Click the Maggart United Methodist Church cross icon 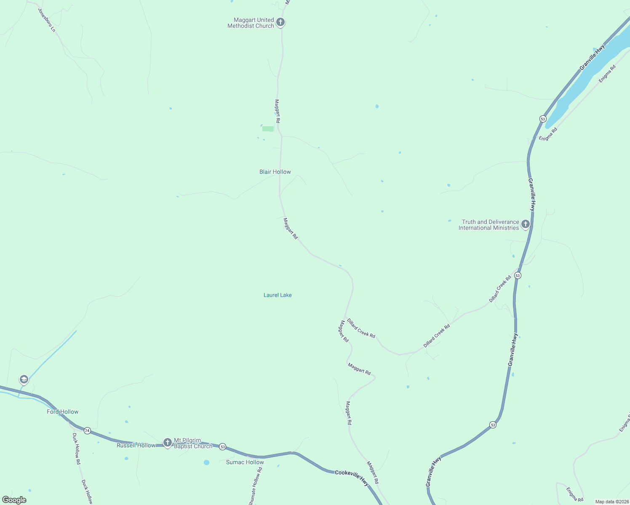click(280, 22)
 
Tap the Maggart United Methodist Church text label click(251, 23)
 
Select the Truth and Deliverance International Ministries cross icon click(525, 224)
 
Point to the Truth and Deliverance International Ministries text click(489, 225)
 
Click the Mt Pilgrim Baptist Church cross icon click(168, 442)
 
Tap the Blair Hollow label click(275, 172)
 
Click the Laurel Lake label click(278, 295)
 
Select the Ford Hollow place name click(63, 412)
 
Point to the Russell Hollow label click(136, 445)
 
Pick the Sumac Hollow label click(245, 462)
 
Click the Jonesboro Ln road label click(47, 20)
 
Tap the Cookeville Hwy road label click(352, 478)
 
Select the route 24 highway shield click(87, 431)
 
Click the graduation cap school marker click(24, 379)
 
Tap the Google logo click(14, 500)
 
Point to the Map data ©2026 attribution click(611, 502)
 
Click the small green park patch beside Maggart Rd click(268, 129)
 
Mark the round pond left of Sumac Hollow click(206, 462)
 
